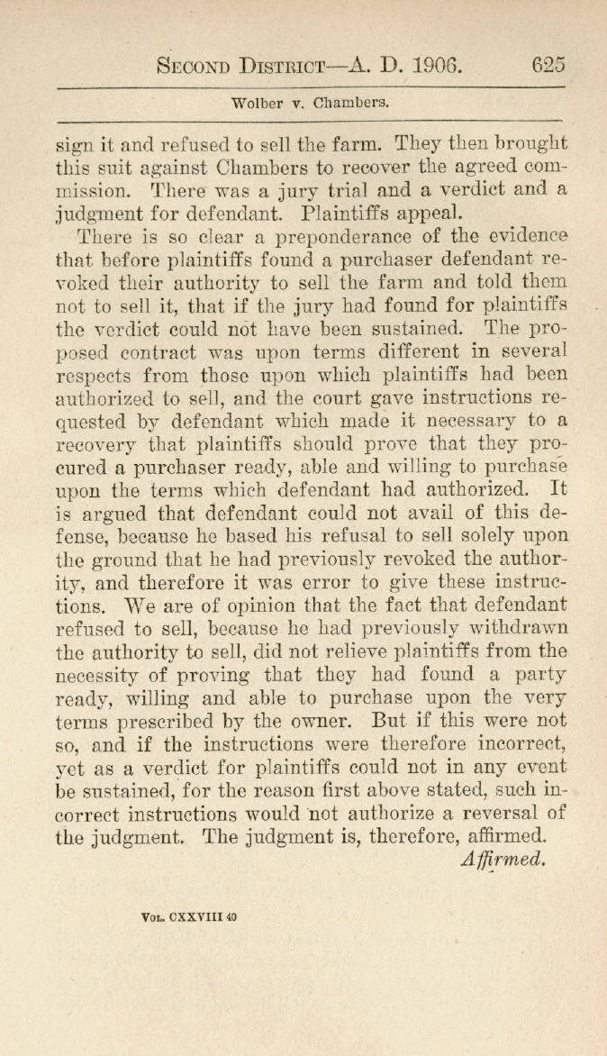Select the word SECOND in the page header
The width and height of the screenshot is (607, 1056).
(x=194, y=65)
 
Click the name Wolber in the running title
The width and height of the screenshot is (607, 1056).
(x=258, y=102)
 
